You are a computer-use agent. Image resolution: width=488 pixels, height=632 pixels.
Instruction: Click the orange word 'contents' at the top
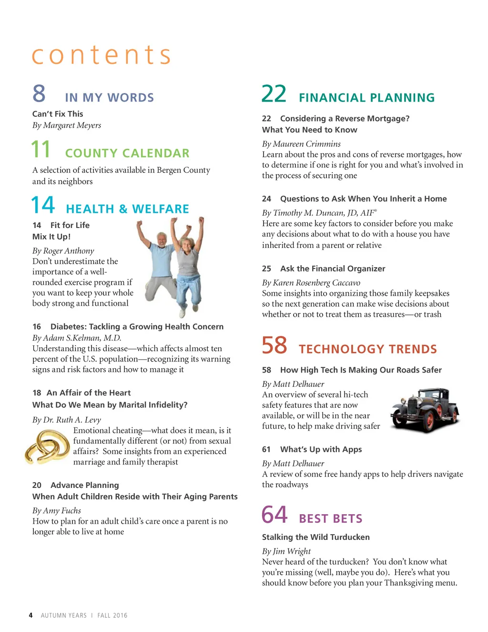(101, 55)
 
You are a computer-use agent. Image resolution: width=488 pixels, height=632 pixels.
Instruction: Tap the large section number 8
(39, 93)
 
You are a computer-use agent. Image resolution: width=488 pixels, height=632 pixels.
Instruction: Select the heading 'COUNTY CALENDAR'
(127, 153)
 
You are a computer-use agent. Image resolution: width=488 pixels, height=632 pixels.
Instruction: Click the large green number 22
(274, 94)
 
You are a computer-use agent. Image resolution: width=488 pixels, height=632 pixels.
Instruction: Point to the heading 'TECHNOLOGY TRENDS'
(367, 349)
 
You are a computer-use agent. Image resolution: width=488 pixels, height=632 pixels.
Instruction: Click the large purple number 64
(274, 515)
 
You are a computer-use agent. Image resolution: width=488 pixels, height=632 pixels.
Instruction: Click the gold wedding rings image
(48, 447)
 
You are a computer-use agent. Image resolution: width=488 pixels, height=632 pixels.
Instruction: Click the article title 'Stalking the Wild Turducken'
(315, 537)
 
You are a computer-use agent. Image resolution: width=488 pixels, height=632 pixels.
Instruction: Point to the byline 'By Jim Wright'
(286, 551)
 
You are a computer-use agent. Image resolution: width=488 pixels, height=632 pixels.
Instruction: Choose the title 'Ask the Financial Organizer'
(333, 269)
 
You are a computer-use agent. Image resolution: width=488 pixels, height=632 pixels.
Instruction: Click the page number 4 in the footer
(31, 615)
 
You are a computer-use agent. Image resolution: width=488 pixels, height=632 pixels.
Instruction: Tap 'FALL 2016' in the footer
(112, 615)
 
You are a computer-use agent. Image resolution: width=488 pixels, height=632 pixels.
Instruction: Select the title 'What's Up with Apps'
(321, 449)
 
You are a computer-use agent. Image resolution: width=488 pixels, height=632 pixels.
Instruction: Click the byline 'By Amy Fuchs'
(57, 511)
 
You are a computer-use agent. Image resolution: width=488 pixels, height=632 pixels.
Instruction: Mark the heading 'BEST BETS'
(331, 518)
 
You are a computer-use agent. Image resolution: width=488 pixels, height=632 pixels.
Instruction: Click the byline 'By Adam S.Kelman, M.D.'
(77, 338)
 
